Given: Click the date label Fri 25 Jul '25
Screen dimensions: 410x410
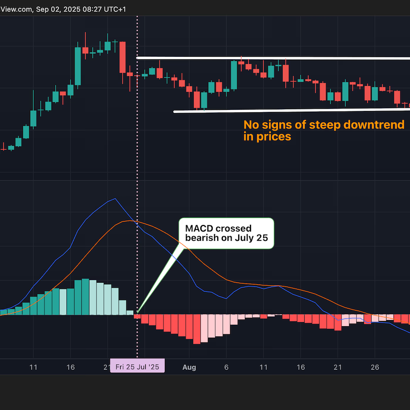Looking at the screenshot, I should [x=138, y=367].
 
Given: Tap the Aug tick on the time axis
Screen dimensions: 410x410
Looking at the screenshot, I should [x=189, y=367].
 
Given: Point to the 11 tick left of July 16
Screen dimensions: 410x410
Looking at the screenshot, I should [x=34, y=367].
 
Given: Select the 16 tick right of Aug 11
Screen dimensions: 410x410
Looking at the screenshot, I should [x=301, y=367].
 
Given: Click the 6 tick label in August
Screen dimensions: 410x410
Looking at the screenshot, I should [x=226, y=367].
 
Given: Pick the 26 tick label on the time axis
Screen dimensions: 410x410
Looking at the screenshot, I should [x=375, y=367].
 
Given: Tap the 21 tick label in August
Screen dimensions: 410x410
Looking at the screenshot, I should [x=337, y=367].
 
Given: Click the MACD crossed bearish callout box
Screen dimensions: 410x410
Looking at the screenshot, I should [x=226, y=233].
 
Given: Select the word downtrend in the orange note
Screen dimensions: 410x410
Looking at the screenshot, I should [x=379, y=125].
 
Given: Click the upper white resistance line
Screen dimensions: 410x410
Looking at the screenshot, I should [x=271, y=58].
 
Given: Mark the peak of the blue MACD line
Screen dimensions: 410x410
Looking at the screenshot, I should [x=116, y=199].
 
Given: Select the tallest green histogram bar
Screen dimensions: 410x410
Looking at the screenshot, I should [x=85, y=297].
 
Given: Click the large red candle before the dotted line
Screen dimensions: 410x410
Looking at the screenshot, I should [x=123, y=57].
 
